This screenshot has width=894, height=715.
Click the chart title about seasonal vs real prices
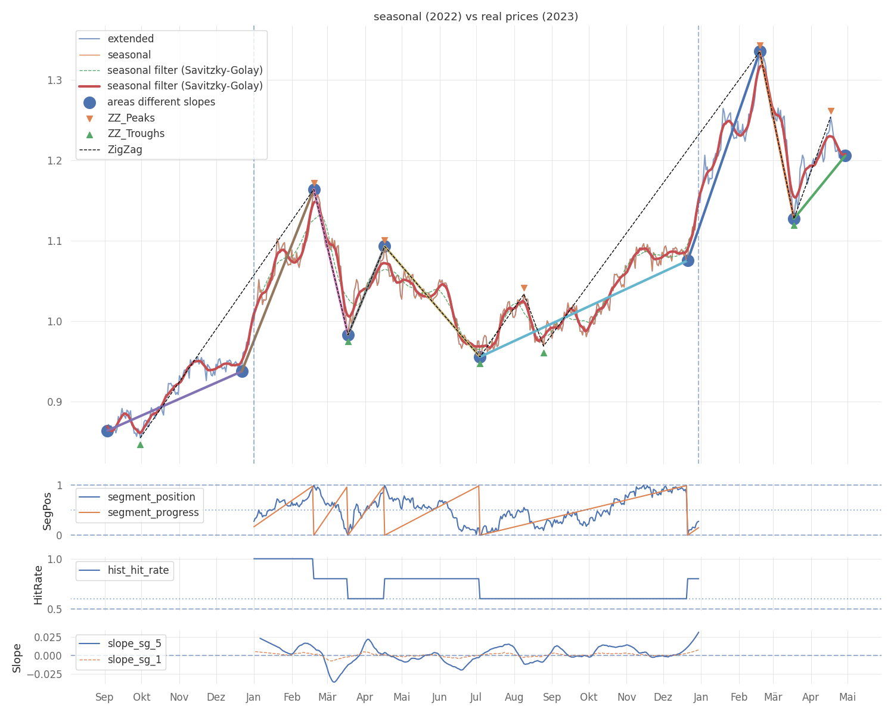click(476, 17)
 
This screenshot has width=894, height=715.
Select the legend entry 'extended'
click(131, 39)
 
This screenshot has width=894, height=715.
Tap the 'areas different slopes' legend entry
click(161, 102)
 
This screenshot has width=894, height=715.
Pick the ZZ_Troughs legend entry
click(136, 133)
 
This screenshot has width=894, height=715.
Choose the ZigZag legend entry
click(125, 150)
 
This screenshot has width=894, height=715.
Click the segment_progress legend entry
click(153, 512)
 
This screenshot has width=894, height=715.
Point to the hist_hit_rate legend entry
click(138, 570)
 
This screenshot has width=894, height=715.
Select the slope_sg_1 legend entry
click(134, 660)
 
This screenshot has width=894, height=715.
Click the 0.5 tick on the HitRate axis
click(54, 609)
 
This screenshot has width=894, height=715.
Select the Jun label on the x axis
click(439, 697)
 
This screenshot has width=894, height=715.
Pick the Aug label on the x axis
click(514, 697)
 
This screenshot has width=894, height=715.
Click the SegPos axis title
click(47, 511)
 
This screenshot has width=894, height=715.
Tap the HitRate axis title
click(38, 585)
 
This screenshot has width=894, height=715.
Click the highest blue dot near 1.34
click(760, 52)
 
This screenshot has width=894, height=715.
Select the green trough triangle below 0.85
click(140, 444)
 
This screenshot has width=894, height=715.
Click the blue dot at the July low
click(480, 357)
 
